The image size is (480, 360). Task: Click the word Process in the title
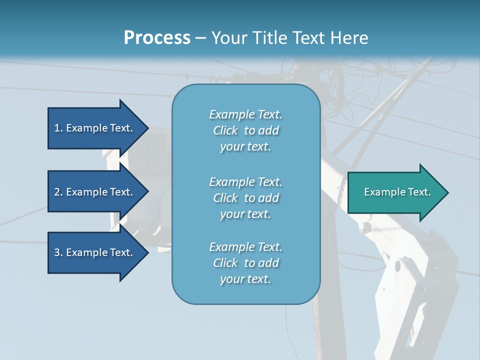pos(157,38)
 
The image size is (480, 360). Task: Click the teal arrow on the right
pos(395,192)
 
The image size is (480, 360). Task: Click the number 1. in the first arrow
pos(58,128)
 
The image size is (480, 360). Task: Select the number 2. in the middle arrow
pos(58,192)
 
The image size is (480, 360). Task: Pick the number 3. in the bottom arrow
pos(58,252)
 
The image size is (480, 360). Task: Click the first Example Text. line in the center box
pos(245,114)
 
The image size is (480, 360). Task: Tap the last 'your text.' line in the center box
pos(245,279)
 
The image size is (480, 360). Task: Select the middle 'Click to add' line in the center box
pos(245,198)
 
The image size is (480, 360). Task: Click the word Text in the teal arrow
pos(419,192)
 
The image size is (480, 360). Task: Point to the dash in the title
pos(200,38)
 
